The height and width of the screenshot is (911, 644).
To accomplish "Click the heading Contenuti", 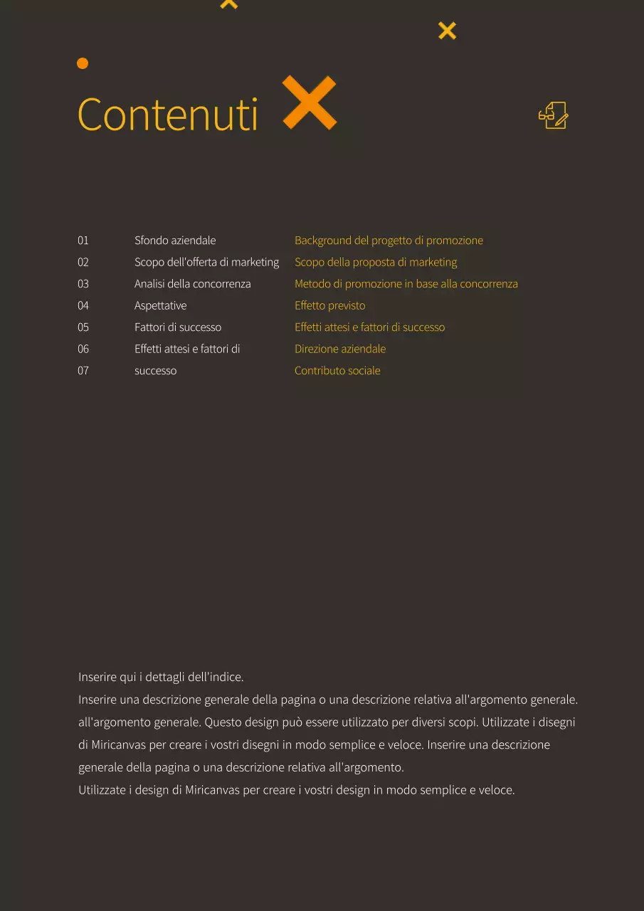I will click(x=167, y=114).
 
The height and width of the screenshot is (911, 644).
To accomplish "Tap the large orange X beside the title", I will click(x=309, y=102).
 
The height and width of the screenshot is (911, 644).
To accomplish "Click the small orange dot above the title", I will click(x=83, y=63).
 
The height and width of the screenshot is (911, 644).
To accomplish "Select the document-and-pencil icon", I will click(x=554, y=115).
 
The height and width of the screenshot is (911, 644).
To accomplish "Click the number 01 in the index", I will click(x=83, y=241).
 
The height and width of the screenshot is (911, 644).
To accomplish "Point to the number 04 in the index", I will click(x=83, y=305).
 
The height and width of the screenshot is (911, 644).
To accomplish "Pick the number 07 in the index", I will click(x=83, y=370).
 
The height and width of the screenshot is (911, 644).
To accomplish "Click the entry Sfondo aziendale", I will click(x=175, y=241).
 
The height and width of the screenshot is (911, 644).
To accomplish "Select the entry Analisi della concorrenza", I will click(x=193, y=284).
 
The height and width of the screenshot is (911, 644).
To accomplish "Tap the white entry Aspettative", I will click(x=161, y=305).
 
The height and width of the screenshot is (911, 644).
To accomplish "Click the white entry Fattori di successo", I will click(x=178, y=327).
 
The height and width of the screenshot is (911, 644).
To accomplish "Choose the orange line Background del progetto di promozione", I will click(x=389, y=241).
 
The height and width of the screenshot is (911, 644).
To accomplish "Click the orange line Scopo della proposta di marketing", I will click(x=376, y=262).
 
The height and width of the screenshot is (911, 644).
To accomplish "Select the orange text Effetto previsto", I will click(x=330, y=305).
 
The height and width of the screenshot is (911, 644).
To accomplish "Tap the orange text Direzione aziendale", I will click(x=340, y=349).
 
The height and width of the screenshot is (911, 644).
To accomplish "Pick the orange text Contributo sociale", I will click(x=337, y=370).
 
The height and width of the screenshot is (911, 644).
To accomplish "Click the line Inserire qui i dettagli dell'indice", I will click(x=161, y=677).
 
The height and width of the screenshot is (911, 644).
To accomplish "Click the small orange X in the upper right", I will click(x=447, y=31).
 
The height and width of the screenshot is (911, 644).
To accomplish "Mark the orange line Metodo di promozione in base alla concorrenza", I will click(x=406, y=284).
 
